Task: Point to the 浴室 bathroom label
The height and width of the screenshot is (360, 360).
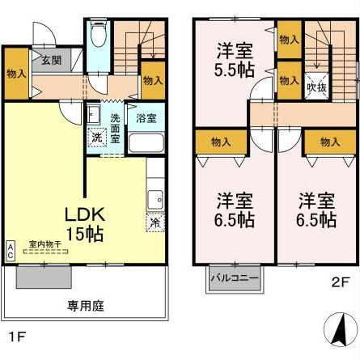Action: tap(146, 118)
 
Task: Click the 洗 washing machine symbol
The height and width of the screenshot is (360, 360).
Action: tap(96, 137)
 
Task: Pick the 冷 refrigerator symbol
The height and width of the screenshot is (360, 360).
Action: tap(154, 220)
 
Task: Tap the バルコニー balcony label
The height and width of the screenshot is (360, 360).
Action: tap(235, 278)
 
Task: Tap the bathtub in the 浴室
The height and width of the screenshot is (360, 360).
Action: tap(146, 144)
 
